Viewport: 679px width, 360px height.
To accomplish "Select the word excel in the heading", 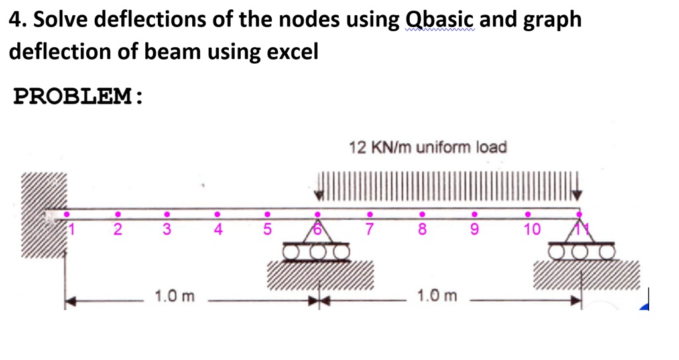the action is point(292,52).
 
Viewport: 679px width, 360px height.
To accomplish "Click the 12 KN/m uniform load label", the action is point(428,147).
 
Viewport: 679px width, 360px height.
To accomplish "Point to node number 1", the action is point(75,229).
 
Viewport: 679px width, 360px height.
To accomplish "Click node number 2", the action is point(117,230).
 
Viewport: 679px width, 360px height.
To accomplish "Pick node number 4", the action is point(217,230).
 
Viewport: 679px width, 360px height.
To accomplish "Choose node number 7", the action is point(371,230).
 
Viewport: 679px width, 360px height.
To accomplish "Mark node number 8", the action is point(421,230).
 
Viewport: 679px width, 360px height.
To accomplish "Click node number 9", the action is point(473,230).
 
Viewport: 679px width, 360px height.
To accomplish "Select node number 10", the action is point(532,230).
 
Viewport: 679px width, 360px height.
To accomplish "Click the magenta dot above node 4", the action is point(217,214).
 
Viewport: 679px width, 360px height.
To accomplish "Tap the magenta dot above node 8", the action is point(421,214).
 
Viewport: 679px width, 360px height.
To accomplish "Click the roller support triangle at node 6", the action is point(318,233).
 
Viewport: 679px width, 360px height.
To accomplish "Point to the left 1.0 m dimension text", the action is point(174,295).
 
